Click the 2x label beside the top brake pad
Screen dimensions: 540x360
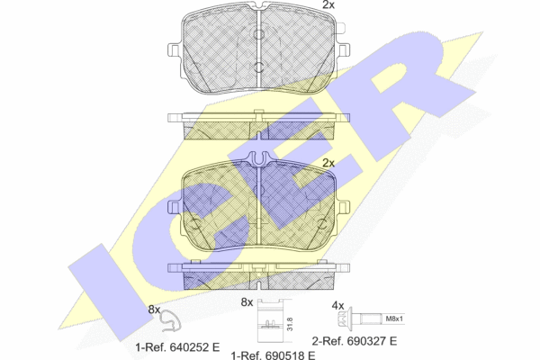328,4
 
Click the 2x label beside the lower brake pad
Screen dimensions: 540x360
328,163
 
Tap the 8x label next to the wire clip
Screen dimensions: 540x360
154,310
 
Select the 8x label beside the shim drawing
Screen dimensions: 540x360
247,302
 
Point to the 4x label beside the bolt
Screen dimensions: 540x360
337,305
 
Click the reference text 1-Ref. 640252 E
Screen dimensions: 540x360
177,347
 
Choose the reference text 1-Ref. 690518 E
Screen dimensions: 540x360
273,355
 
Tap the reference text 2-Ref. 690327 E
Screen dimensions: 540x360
355,341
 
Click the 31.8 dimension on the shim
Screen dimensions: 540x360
290,325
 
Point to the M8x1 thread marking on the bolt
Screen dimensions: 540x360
394,319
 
